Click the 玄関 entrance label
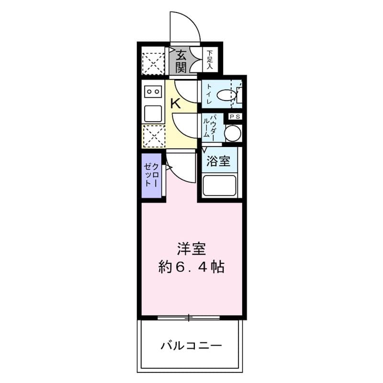click(180, 61)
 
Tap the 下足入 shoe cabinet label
click(210, 60)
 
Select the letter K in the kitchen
click(176, 102)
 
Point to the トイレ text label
click(209, 94)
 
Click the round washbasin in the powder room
click(233, 133)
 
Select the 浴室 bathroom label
click(218, 161)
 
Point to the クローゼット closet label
click(151, 175)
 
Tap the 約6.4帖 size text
click(191, 267)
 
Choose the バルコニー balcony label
click(191, 345)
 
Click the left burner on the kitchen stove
click(149, 90)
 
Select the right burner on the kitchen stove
click(157, 90)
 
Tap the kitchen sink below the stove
click(153, 113)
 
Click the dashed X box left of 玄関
click(153, 61)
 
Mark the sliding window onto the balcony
click(189, 317)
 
